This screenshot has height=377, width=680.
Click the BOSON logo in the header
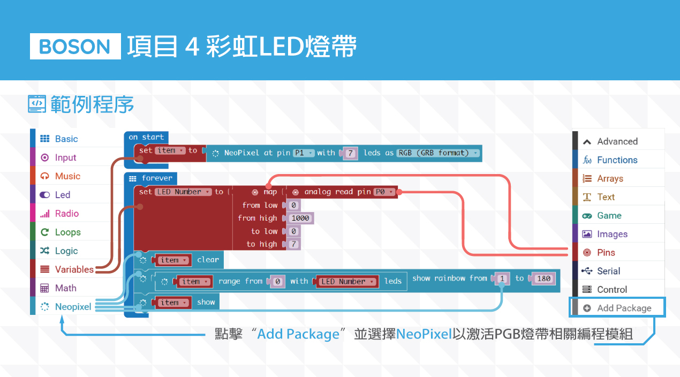(75, 47)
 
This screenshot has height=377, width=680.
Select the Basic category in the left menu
(66, 139)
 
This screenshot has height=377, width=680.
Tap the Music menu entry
(67, 176)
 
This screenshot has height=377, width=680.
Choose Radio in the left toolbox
(66, 214)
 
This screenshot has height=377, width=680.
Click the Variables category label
(74, 269)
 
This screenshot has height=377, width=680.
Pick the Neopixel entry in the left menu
(73, 307)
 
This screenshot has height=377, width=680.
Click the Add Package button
(617, 308)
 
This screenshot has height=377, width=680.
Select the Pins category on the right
(606, 252)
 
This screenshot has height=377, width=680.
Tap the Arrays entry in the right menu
(610, 178)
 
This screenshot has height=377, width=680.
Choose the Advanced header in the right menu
(617, 141)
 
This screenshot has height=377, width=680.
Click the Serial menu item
(608, 271)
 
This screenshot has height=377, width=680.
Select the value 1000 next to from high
(300, 218)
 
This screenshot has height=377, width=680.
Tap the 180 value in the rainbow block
(543, 279)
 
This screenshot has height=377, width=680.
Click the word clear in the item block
(208, 260)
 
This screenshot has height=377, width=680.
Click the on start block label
(146, 137)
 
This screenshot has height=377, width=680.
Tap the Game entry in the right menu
(609, 215)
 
